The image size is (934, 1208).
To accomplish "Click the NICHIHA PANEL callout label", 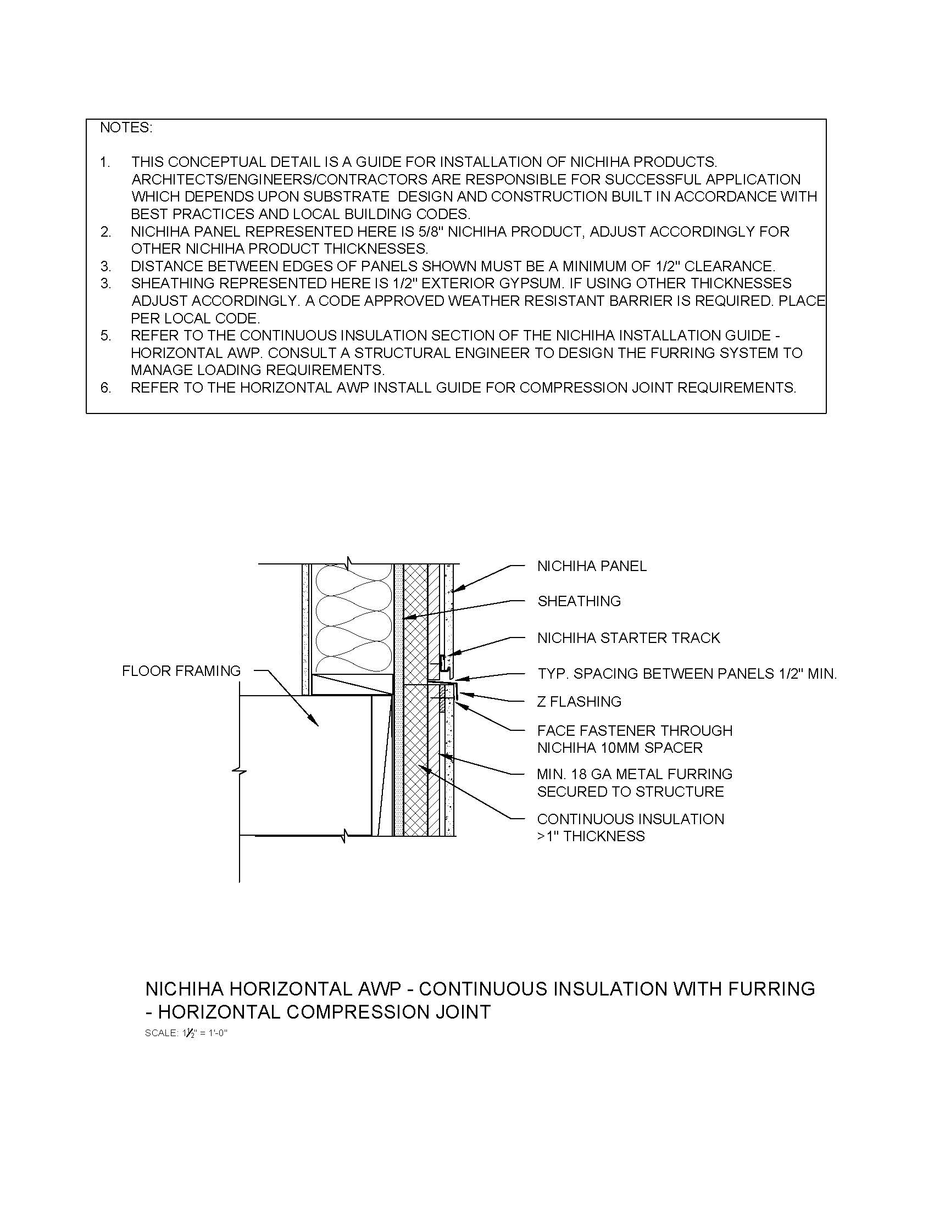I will (592, 567).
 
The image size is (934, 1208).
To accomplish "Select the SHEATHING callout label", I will (579, 601).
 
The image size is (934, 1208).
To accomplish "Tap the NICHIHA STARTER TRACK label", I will (629, 638).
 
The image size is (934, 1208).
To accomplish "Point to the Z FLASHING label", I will (579, 702).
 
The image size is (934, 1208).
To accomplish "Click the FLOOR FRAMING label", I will (181, 671).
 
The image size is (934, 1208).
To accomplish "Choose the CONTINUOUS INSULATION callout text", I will (630, 819).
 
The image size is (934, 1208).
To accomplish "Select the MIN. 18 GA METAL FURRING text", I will (635, 774).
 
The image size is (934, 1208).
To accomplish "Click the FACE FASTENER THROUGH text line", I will (635, 731).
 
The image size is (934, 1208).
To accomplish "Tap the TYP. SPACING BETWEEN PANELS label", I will (687, 674).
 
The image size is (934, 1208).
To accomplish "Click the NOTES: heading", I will (126, 128).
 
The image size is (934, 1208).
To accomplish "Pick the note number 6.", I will (105, 388).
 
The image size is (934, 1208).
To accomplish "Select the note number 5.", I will (105, 335).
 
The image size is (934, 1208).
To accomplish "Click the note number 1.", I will (105, 163).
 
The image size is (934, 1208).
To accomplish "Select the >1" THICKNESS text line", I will (591, 836).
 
